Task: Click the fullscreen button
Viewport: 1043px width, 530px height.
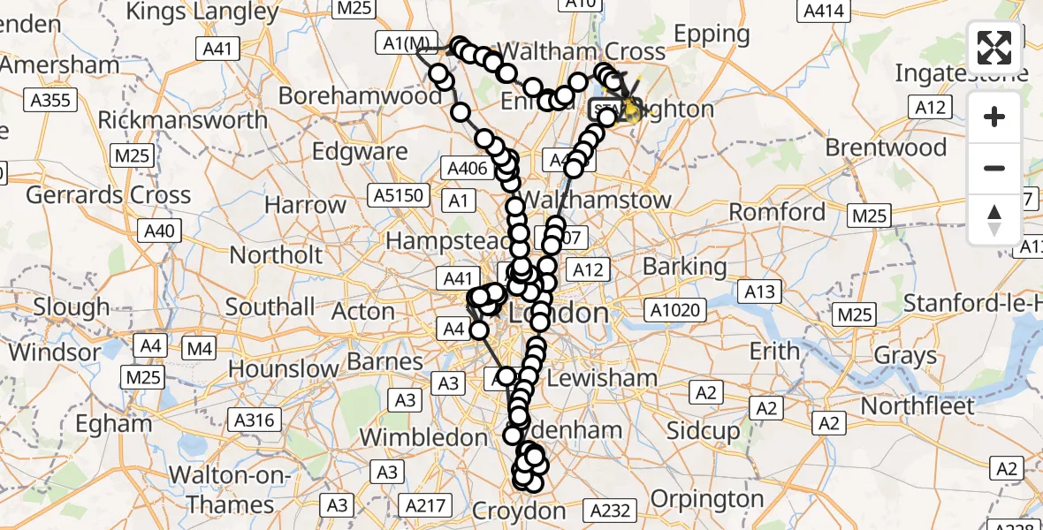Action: [994, 48]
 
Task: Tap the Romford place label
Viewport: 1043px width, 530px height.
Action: [777, 212]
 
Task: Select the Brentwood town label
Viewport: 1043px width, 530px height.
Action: [886, 147]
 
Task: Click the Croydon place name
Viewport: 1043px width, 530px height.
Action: [519, 511]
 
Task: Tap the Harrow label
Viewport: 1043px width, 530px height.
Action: [306, 206]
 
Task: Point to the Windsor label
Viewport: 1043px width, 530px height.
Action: [55, 352]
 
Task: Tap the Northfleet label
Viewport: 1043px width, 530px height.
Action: [917, 406]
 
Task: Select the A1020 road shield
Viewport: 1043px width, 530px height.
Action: [676, 309]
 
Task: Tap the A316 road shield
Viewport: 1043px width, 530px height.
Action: [254, 420]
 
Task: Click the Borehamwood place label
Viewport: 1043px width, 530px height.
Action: [361, 95]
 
